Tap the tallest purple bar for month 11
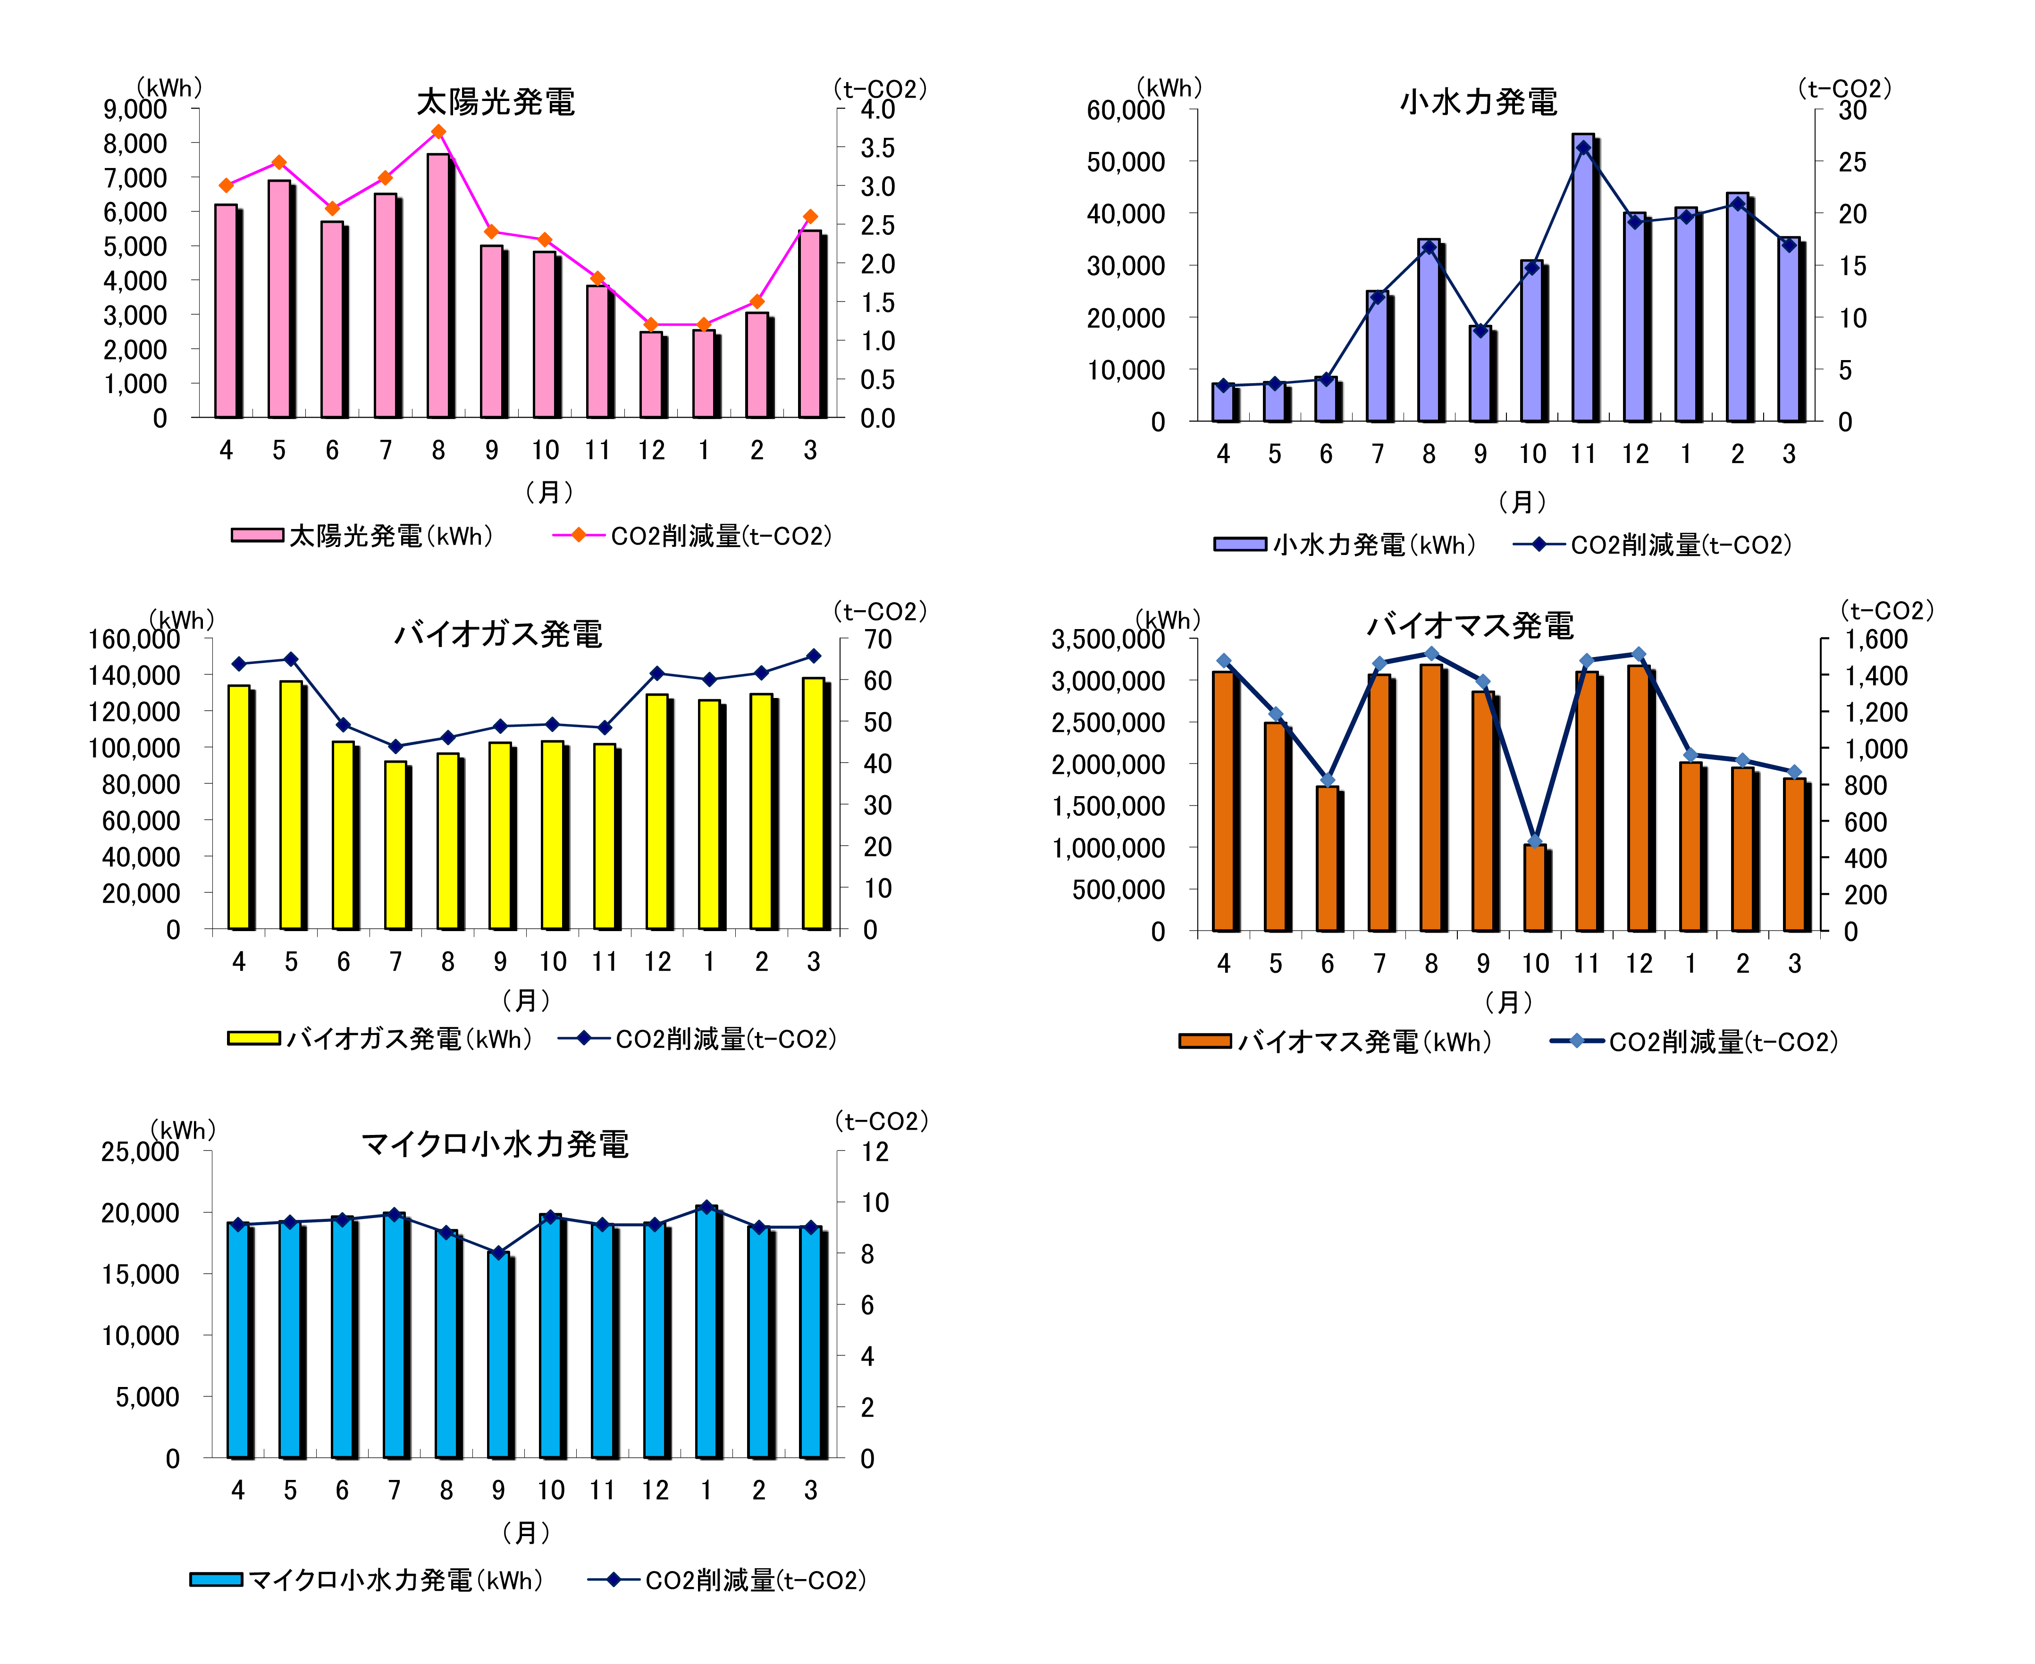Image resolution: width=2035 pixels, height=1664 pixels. (1582, 278)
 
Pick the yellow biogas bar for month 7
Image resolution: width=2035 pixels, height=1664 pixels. (395, 845)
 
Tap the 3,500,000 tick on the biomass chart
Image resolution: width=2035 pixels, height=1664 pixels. (1107, 639)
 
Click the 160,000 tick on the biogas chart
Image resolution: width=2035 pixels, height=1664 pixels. (134, 639)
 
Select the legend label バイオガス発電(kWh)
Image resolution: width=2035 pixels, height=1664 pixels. (409, 1039)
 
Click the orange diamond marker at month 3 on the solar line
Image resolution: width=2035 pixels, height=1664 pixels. (810, 217)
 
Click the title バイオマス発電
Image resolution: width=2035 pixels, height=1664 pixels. (1470, 626)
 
